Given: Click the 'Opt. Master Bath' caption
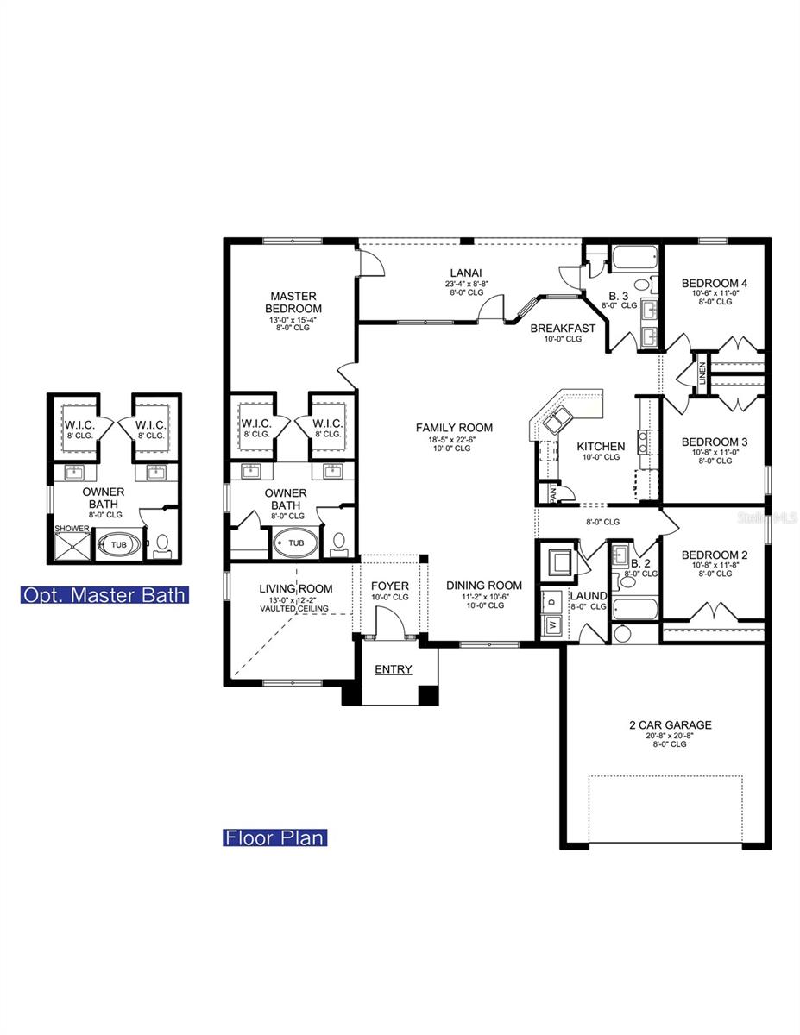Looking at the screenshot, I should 104,594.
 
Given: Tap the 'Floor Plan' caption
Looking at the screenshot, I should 275,837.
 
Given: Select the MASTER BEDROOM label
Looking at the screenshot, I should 293,302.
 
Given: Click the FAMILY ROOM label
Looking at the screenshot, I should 454,427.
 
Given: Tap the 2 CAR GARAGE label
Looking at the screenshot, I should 670,724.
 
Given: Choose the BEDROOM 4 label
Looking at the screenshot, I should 714,283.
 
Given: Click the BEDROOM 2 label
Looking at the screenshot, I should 714,555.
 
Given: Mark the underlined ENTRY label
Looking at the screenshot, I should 393,669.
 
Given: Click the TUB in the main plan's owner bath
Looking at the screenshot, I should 296,543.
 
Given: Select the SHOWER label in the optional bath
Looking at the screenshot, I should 72,529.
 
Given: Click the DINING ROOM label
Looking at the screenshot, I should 483,585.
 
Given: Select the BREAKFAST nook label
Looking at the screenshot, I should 563,328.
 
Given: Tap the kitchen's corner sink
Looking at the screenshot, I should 552,420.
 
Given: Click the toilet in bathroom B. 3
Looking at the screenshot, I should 642,285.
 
